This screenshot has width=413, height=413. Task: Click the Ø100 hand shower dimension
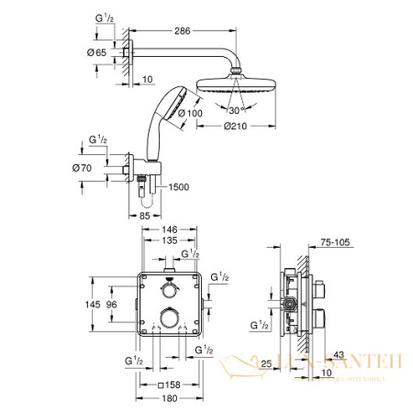[x=191, y=114]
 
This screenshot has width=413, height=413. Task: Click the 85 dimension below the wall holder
[x=144, y=217]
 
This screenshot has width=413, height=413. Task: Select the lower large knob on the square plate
[x=168, y=321]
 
